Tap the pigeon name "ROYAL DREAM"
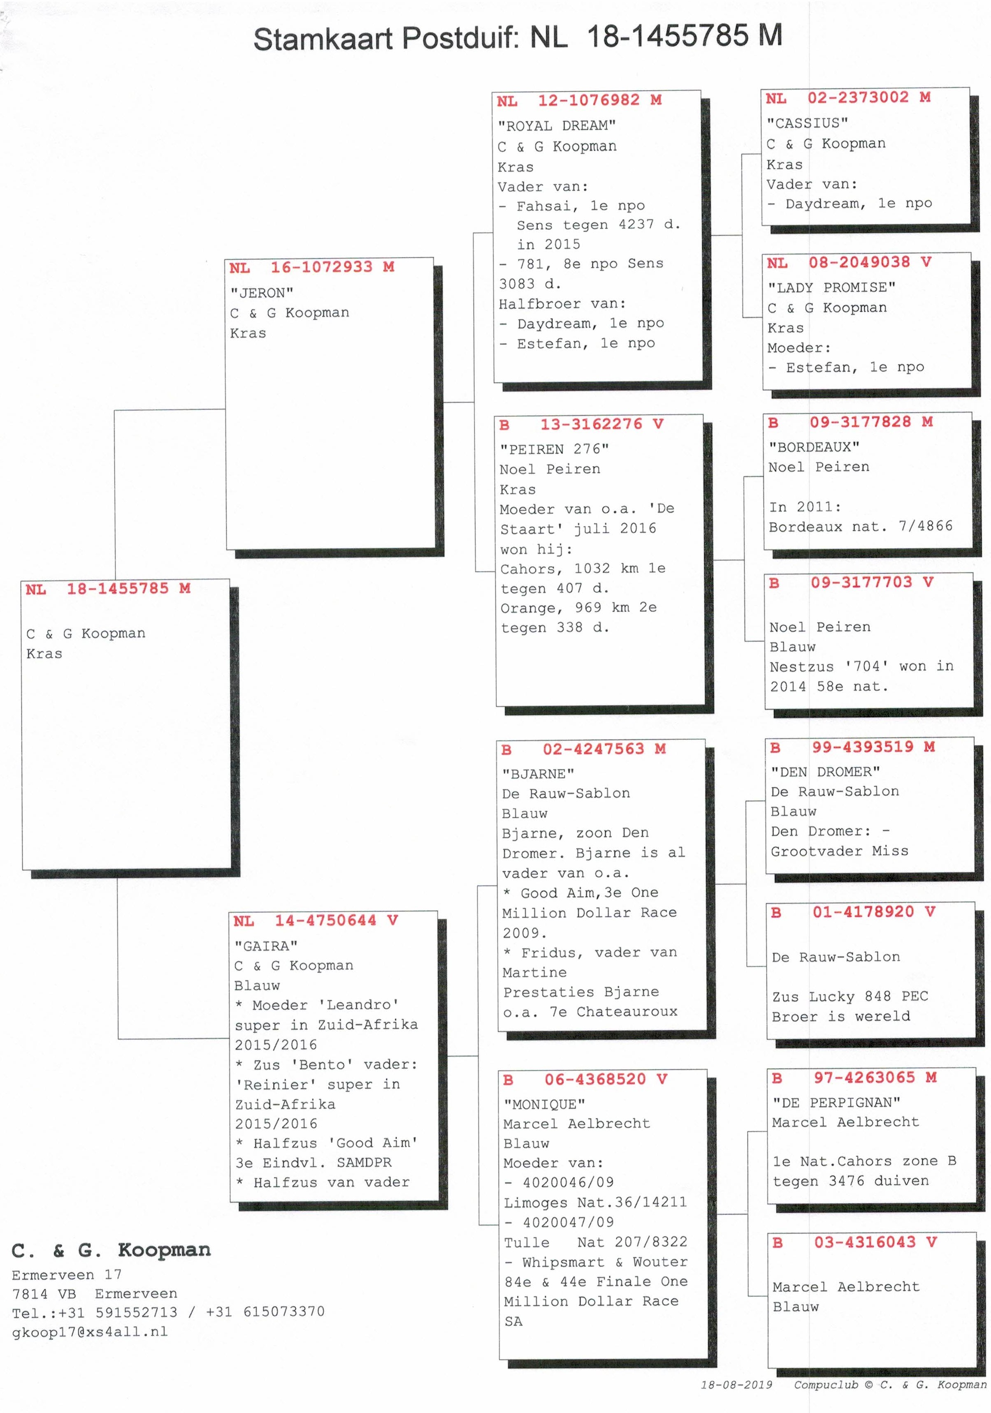(557, 125)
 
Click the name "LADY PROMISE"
(831, 287)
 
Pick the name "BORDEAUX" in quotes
(814, 447)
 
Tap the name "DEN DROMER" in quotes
(825, 772)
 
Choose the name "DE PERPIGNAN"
(836, 1102)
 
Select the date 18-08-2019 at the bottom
(737, 1385)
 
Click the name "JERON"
(262, 293)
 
